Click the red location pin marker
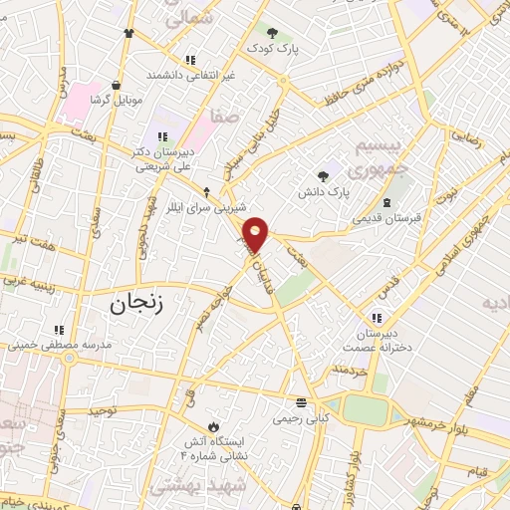tap(257, 234)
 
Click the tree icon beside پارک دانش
tap(321, 174)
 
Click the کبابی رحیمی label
tap(301, 418)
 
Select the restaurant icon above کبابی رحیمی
tap(301, 403)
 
